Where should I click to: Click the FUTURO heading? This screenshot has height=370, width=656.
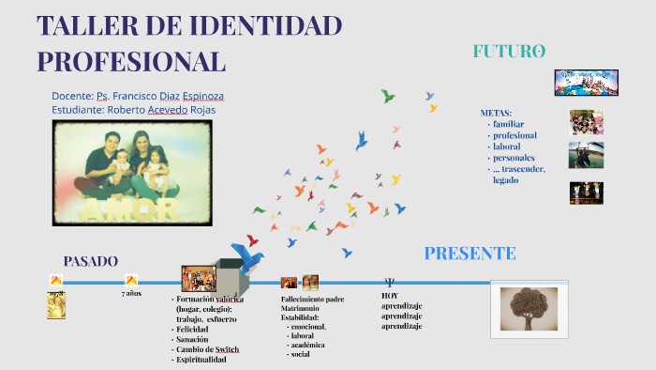pos(509,52)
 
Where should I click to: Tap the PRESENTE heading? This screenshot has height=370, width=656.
pos(470,253)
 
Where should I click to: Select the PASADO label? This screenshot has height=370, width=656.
pos(91,261)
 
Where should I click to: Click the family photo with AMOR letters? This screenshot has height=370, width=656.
pos(129,172)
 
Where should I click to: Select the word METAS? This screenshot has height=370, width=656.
pos(496,113)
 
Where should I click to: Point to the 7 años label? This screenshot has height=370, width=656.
pos(131,294)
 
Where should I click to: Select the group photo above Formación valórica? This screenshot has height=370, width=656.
pos(199,278)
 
